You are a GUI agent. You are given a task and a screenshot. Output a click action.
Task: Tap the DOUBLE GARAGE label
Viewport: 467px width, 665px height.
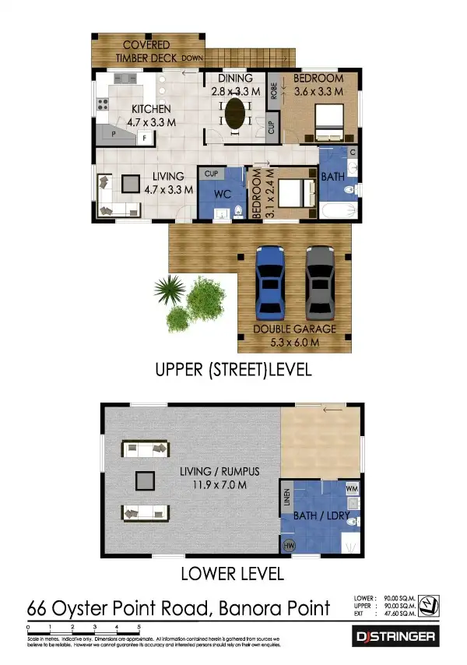[295, 329]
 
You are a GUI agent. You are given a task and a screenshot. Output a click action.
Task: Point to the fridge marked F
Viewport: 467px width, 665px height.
[144, 138]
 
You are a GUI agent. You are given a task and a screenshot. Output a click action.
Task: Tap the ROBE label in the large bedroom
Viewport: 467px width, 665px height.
[273, 92]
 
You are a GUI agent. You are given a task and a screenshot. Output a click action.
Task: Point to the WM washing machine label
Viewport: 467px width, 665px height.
[350, 488]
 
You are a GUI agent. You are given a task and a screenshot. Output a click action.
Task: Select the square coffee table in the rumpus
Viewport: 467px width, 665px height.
[144, 481]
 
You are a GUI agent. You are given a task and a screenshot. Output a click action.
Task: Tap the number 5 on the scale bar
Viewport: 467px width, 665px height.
[139, 626]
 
